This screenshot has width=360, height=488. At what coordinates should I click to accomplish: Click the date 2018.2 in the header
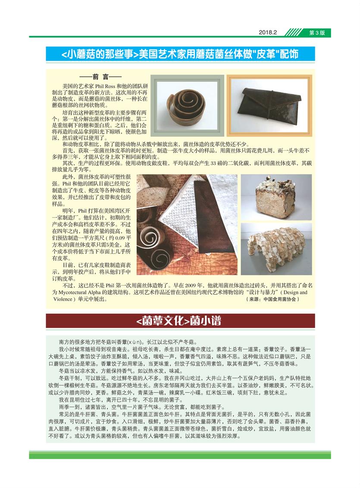268,32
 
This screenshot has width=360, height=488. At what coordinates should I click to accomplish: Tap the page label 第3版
317,33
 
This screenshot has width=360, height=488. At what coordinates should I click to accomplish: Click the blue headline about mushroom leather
180,54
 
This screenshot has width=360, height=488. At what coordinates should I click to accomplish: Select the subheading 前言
100,77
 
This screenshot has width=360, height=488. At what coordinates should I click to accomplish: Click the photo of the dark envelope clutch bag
269,106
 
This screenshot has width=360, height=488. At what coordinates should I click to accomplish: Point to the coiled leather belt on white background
186,107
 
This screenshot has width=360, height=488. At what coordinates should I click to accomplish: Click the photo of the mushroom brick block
276,197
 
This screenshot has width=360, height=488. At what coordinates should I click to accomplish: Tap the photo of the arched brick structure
276,249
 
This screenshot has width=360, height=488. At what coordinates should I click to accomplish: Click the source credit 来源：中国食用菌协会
272,299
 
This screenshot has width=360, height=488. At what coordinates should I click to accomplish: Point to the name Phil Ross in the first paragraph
105,86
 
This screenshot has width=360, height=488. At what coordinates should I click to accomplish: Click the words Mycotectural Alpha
80,292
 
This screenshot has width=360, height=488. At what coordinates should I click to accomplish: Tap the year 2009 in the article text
190,285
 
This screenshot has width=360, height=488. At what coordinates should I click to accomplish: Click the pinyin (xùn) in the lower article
136,342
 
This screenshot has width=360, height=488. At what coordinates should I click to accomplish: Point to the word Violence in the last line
63,299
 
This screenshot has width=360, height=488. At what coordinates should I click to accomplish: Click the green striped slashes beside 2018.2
294,32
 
